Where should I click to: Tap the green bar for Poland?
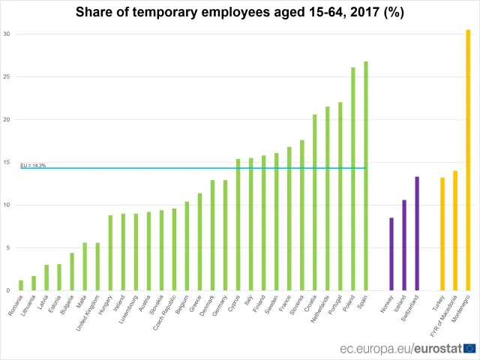tap(353, 179)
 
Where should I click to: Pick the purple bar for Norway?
tap(391, 254)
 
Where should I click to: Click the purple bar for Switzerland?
tap(417, 233)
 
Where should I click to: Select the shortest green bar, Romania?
tap(21, 286)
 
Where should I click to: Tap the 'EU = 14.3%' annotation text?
tap(33, 165)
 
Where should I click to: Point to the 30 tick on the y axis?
tap(7, 34)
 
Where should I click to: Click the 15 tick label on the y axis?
tap(7, 162)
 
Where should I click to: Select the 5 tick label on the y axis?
tap(8, 247)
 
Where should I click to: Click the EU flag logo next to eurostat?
tap(470, 348)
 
